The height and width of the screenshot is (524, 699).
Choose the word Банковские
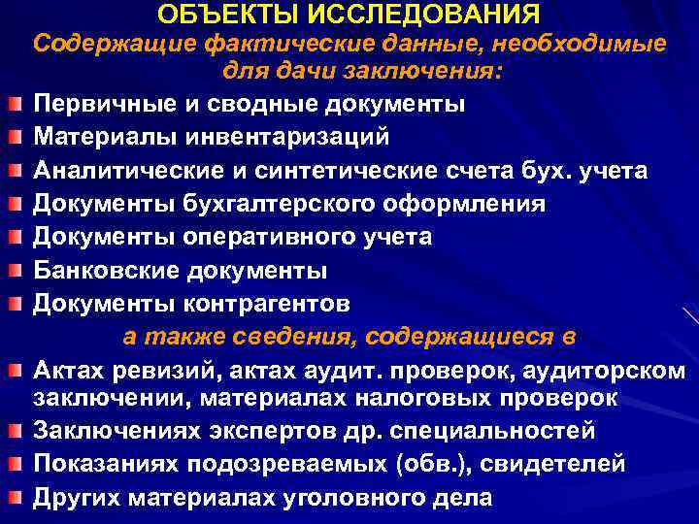coord(105,270)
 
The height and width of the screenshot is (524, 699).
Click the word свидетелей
coord(543,464)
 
